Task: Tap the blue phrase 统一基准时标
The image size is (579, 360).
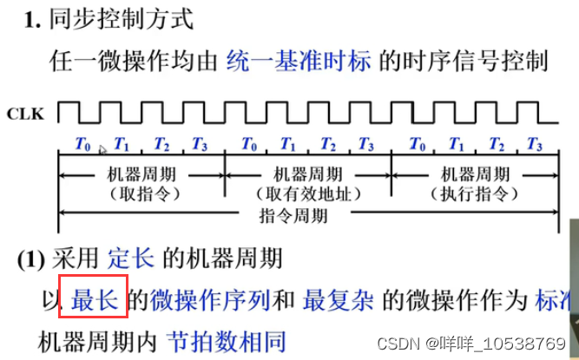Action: [x=299, y=61]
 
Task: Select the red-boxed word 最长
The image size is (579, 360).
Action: [x=95, y=300]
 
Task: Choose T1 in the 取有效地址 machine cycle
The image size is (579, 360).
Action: [x=287, y=144]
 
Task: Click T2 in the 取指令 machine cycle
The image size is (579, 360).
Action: [x=162, y=144]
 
